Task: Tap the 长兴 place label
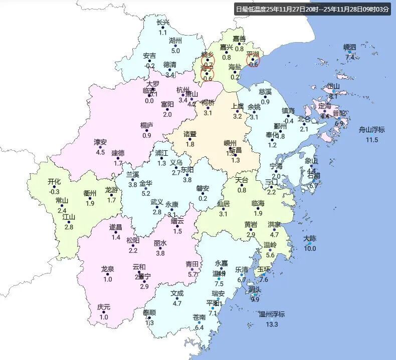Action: coord(163,23)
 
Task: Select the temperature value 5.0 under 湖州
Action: coord(175,51)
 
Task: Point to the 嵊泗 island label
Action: coord(349,48)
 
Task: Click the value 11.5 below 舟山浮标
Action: coord(371,140)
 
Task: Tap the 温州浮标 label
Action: coord(272,314)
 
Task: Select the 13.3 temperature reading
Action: coord(272,324)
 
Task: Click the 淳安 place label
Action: coord(100,143)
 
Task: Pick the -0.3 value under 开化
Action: coord(54,191)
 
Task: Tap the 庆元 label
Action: coord(104,307)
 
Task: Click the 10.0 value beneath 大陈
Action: coord(310,248)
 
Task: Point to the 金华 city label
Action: coord(146,183)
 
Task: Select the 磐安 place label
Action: coord(203,188)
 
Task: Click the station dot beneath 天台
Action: coord(242,185)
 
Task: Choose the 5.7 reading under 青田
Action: coord(192,274)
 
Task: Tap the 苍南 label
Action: coord(199,317)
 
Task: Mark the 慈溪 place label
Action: coord(265,92)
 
